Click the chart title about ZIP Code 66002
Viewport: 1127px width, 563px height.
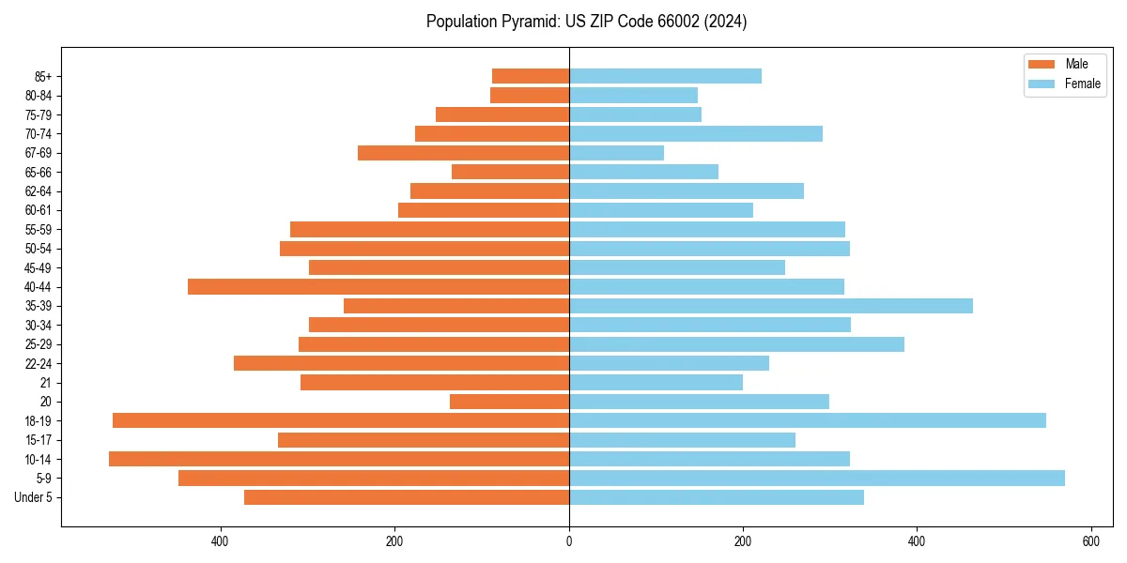click(586, 22)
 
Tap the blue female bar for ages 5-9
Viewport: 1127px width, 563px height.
click(816, 479)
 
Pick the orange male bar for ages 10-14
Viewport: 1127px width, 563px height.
click(339, 459)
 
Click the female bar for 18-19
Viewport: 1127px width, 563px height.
click(807, 420)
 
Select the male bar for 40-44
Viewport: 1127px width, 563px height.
click(378, 287)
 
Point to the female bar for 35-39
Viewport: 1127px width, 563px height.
click(770, 306)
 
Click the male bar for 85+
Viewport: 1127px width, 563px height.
click(531, 76)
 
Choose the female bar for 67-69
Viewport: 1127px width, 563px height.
click(616, 153)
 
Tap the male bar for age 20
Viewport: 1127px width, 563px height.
click(509, 402)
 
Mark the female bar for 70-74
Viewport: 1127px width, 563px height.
click(695, 134)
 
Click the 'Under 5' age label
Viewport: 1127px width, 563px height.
click(34, 497)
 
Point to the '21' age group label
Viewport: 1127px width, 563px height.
click(46, 383)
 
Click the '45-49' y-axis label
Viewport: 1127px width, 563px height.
click(39, 267)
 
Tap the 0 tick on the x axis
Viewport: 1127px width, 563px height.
click(569, 541)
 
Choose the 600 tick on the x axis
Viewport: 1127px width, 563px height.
click(1090, 541)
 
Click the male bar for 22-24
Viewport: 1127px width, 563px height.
click(401, 363)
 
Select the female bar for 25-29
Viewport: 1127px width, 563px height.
click(736, 344)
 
